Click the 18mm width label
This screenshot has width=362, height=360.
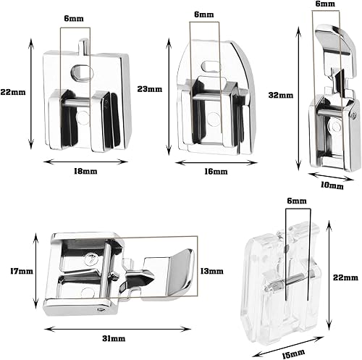point(85,171)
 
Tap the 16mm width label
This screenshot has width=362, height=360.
point(216,172)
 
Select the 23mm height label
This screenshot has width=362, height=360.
point(150,89)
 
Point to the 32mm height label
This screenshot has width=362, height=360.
point(281,95)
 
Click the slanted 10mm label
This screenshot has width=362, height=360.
point(332,185)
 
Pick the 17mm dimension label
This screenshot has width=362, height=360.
point(22,271)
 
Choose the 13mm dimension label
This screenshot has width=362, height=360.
point(212,271)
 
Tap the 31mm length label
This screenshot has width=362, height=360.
point(114,338)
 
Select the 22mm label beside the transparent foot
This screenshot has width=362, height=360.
point(345,277)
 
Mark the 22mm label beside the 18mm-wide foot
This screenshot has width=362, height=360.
point(13,92)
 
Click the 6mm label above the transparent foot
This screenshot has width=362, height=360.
point(297,201)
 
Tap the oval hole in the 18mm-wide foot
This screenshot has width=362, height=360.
point(82,72)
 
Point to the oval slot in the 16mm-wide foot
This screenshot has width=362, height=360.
point(211,66)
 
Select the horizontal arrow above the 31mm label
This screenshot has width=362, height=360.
point(117,329)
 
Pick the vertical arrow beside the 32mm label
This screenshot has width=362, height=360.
point(299,98)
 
